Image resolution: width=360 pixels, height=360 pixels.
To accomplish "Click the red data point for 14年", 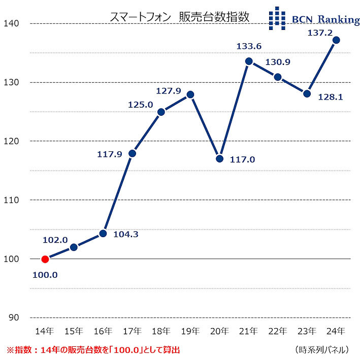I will click(x=45, y=259).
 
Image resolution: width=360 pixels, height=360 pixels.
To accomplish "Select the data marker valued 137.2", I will click(x=336, y=40).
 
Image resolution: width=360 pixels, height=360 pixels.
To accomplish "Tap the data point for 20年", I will click(x=220, y=158).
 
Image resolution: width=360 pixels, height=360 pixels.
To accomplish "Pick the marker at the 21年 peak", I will click(x=249, y=61).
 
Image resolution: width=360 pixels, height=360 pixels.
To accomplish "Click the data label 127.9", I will click(x=169, y=90).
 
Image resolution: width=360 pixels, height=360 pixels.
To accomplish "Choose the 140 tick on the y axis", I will click(x=11, y=23).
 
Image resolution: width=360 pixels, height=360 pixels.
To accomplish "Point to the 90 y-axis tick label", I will click(x=13, y=317).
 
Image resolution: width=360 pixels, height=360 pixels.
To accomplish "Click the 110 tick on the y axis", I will click(x=11, y=200).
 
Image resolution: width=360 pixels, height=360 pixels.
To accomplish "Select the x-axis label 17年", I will click(x=132, y=331).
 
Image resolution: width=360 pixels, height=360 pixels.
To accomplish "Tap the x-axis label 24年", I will click(x=336, y=331).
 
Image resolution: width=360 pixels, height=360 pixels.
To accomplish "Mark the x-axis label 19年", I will click(x=190, y=331).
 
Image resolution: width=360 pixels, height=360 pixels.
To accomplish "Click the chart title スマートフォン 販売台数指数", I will click(x=180, y=17).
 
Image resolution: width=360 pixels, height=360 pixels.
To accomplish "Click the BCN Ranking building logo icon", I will click(x=277, y=19).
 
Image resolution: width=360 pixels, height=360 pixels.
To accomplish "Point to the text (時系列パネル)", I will click(x=321, y=350).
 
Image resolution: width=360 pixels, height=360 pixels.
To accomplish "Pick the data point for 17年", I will click(x=132, y=153).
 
